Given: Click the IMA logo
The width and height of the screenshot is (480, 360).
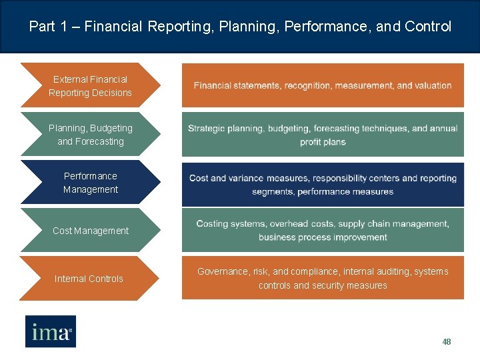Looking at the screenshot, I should point(51,331).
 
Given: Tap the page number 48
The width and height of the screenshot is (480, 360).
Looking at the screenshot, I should point(447,342).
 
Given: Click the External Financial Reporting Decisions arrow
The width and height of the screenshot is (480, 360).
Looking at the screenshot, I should point(90,86).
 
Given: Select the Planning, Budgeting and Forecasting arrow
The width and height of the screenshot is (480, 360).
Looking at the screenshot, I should point(90,134).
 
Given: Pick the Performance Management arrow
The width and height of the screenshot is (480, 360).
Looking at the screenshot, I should point(90,183).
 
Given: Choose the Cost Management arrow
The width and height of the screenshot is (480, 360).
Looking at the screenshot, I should point(90,231).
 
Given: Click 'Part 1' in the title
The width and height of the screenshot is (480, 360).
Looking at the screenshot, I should point(50,27).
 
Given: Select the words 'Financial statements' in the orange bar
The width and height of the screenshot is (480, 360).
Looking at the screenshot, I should point(237,85).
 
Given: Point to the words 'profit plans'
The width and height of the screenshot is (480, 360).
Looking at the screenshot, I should point(323,142).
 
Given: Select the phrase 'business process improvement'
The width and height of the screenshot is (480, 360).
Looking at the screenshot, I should point(323,237).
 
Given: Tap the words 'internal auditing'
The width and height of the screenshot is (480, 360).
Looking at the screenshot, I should point(377,271).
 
